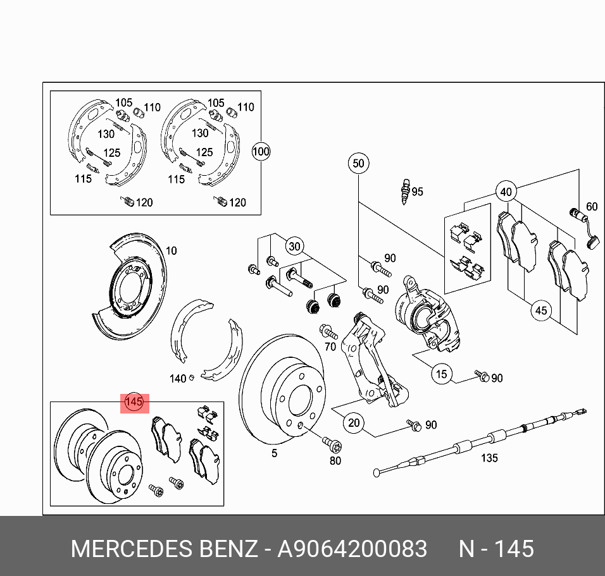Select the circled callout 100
[261, 152]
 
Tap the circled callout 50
[358, 164]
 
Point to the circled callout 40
[505, 192]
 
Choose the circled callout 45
[540, 310]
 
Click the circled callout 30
[294, 246]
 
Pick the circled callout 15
[442, 374]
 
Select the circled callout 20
[354, 422]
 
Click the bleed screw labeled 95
[404, 191]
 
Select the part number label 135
[489, 458]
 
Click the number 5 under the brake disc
[274, 453]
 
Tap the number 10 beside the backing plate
[171, 250]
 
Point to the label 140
[178, 379]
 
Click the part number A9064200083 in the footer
[352, 548]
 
